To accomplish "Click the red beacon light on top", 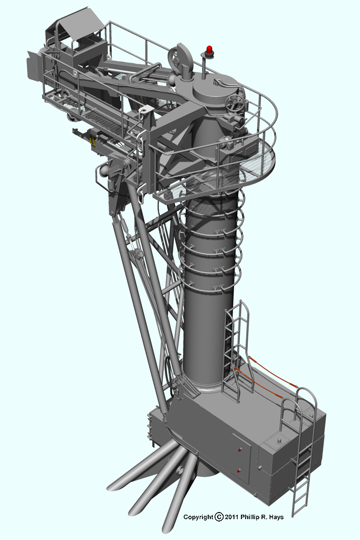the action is [209, 49].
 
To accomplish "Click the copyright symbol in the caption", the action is [219, 517].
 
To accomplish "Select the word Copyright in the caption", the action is [198, 517].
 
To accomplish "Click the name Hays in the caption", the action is [276, 517].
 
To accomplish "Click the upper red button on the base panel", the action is [239, 450].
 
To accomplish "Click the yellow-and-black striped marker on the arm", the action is [92, 140].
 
